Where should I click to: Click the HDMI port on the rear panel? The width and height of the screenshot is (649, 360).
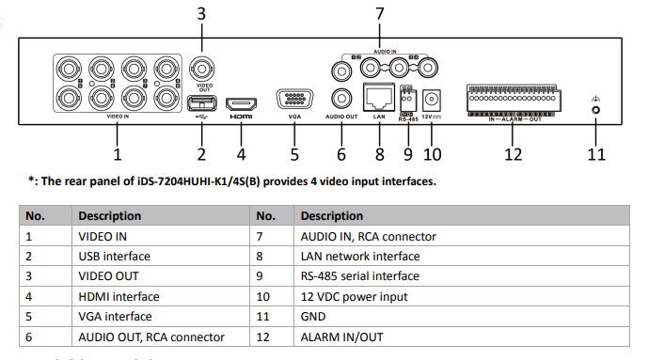pyautogui.click(x=240, y=102)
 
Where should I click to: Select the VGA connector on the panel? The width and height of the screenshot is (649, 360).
pyautogui.click(x=294, y=100)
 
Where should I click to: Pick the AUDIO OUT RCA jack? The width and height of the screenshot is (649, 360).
pyautogui.click(x=340, y=98)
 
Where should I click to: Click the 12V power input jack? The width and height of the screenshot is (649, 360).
pyautogui.click(x=434, y=98)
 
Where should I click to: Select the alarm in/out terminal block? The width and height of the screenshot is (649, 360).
pyautogui.click(x=513, y=98)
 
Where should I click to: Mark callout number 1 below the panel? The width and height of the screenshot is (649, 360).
pyautogui.click(x=118, y=152)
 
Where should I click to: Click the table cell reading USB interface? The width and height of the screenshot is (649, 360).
pyautogui.click(x=109, y=256)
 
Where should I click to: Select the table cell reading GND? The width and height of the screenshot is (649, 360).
pyautogui.click(x=312, y=317)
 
